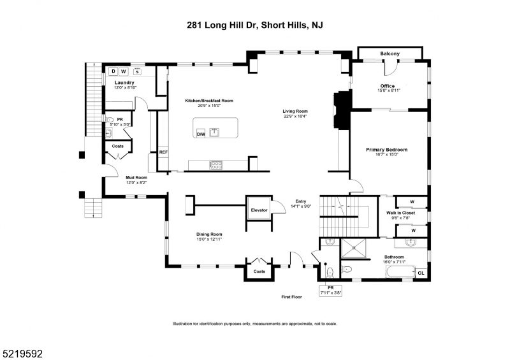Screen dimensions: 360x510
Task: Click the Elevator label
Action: (x=258, y=209)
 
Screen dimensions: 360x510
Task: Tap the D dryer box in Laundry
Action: (x=113, y=71)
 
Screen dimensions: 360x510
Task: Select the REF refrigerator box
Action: (x=163, y=152)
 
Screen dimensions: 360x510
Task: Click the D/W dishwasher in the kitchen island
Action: (x=201, y=134)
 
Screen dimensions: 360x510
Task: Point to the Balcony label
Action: (x=390, y=54)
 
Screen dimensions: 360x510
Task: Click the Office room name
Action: (x=387, y=86)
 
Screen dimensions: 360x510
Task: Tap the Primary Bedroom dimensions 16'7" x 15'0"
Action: (x=386, y=154)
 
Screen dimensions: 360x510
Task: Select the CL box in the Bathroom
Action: (x=420, y=273)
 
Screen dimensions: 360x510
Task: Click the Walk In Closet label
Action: (x=400, y=213)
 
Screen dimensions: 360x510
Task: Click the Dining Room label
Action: (x=209, y=234)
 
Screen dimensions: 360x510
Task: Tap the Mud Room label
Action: (x=136, y=177)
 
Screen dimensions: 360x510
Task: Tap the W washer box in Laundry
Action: (x=124, y=71)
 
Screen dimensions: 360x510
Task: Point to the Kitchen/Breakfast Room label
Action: (x=209, y=101)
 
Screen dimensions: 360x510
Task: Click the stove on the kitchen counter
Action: (x=217, y=164)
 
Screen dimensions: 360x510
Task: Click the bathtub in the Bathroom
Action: (x=398, y=273)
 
